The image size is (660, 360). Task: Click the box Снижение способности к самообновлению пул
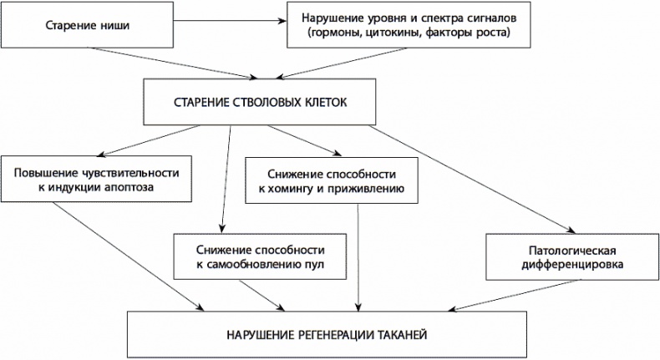pos(260,257)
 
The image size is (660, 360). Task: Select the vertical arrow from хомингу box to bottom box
pos(359,259)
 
